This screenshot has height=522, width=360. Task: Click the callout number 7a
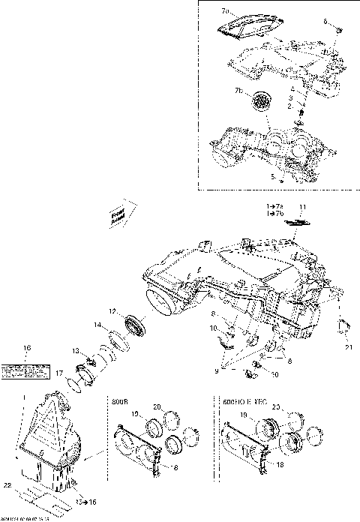(x=226, y=13)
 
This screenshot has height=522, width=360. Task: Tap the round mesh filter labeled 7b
(x=262, y=100)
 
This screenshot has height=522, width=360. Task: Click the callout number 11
(x=304, y=206)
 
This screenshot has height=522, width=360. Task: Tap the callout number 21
(x=348, y=348)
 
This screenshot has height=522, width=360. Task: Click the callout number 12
(x=110, y=311)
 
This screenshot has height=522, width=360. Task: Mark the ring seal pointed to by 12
(x=136, y=322)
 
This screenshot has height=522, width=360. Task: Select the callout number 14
(x=97, y=325)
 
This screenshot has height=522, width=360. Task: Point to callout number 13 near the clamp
(x=76, y=351)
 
